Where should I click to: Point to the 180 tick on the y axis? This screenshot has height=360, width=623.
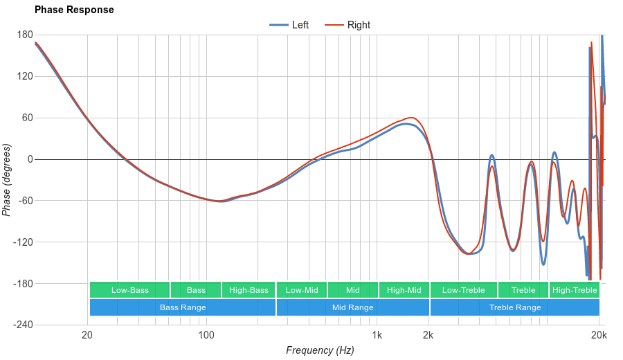(25, 35)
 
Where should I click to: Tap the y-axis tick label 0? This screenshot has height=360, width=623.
(30, 159)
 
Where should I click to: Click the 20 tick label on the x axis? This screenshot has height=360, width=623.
(87, 336)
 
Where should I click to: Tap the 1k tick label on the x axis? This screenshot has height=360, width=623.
(377, 336)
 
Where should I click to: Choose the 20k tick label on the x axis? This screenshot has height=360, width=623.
(599, 336)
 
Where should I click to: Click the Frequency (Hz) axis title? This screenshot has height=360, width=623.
(320, 350)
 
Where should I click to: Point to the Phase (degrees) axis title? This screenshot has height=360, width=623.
(7, 180)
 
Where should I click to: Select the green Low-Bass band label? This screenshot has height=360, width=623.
(130, 290)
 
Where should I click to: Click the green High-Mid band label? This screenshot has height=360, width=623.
(404, 290)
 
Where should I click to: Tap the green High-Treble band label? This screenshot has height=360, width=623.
(575, 290)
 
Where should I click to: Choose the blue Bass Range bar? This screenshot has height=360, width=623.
(183, 307)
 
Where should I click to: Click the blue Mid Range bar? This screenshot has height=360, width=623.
(353, 307)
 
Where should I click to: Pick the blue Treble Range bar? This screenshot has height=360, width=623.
(515, 307)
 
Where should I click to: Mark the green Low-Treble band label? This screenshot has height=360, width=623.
(464, 290)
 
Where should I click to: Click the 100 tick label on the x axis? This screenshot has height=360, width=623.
(206, 336)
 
